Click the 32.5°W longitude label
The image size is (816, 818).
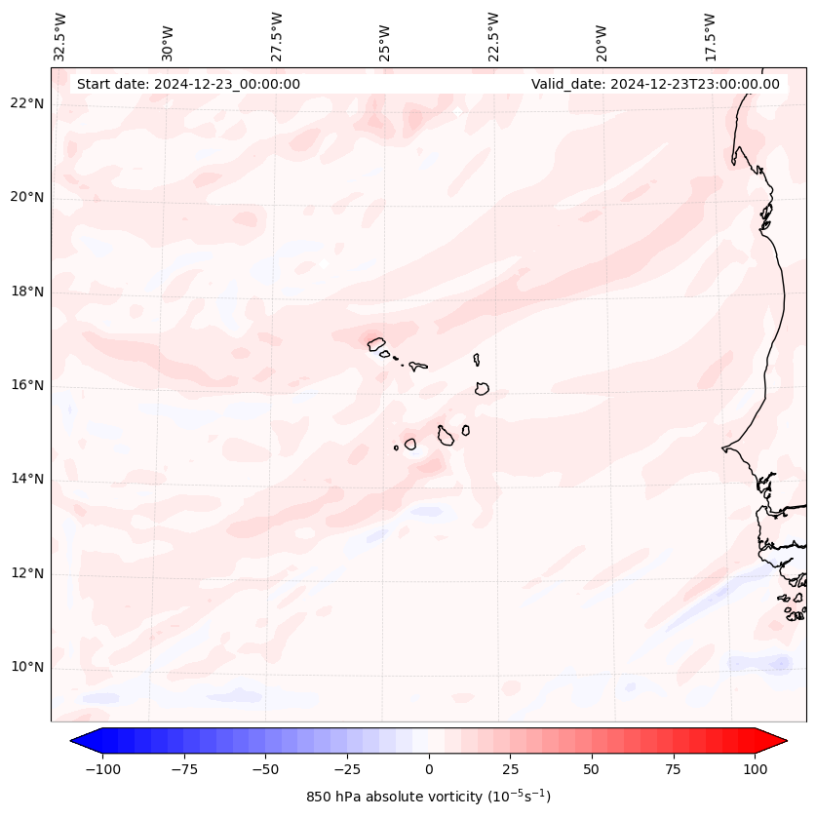(x=60, y=36)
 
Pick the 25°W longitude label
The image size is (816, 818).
(x=386, y=36)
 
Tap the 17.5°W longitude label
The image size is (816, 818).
(x=711, y=36)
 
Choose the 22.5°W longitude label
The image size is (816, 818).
(x=494, y=36)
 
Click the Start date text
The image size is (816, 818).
(x=188, y=84)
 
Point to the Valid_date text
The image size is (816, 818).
(x=655, y=84)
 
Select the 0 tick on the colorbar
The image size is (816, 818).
(x=428, y=769)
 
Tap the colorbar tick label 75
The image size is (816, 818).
(x=673, y=769)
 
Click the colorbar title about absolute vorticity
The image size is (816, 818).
(x=428, y=797)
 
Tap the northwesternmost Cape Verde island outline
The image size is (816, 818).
(x=376, y=343)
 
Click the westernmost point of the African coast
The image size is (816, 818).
(x=723, y=448)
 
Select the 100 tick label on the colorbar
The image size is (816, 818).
(x=756, y=769)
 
